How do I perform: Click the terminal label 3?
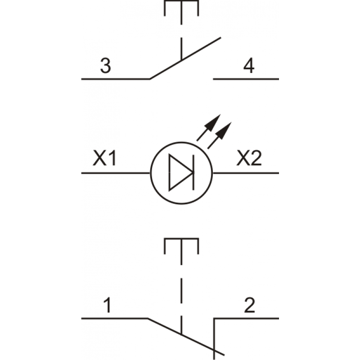(x=106, y=66)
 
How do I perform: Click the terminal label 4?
(x=249, y=65)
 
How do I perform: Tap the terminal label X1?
(x=105, y=158)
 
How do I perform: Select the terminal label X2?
(x=249, y=158)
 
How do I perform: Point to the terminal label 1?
(x=108, y=305)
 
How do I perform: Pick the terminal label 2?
(x=250, y=305)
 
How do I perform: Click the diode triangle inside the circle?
(x=180, y=172)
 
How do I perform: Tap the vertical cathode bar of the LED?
(x=193, y=172)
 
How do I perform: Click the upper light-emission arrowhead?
(x=213, y=122)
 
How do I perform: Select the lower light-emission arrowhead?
(x=224, y=130)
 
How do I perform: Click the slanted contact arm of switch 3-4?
(x=185, y=58)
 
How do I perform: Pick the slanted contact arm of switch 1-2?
(x=186, y=337)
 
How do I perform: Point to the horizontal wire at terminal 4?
(x=246, y=79)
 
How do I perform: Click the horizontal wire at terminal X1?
(x=116, y=173)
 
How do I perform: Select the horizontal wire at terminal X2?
(x=246, y=173)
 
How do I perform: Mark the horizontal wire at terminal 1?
(x=115, y=319)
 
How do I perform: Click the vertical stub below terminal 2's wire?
(x=214, y=339)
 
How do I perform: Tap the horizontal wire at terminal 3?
(x=116, y=79)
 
